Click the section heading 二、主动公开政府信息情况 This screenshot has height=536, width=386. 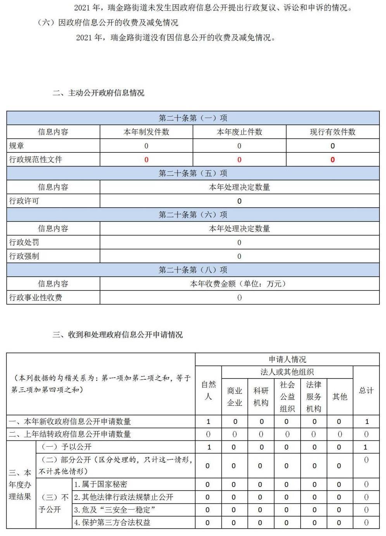pyautogui.click(x=99, y=93)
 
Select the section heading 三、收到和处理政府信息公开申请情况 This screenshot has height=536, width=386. pyautogui.click(x=118, y=335)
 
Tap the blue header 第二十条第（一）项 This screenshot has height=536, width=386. pyautogui.click(x=193, y=118)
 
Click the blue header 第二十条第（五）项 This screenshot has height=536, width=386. pyautogui.click(x=193, y=173)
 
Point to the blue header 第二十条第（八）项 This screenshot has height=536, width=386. pyautogui.click(x=193, y=270)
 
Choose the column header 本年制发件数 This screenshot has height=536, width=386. pyautogui.click(x=146, y=132)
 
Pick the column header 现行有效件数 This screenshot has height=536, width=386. pyautogui.click(x=332, y=132)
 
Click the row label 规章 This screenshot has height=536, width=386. pyautogui.click(x=17, y=146)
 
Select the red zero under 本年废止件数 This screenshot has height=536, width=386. pyautogui.click(x=239, y=160)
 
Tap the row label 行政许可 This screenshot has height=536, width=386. pyautogui.click(x=24, y=201)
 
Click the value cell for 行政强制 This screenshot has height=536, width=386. pyautogui.click(x=239, y=256)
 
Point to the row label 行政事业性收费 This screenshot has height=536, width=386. pyautogui.click(x=36, y=298)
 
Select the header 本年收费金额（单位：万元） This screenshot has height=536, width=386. pyautogui.click(x=239, y=284)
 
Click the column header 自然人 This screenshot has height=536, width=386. pyautogui.click(x=208, y=390)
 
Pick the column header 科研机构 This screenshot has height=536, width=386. pyautogui.click(x=261, y=396)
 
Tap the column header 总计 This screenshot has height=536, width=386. pyautogui.click(x=366, y=390)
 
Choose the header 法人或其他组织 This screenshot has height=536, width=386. pyautogui.click(x=287, y=372)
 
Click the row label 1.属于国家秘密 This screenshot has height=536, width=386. pyautogui.click(x=101, y=484)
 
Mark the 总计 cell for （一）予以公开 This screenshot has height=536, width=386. pyautogui.click(x=365, y=447)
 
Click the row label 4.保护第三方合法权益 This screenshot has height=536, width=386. pyautogui.click(x=112, y=522)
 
